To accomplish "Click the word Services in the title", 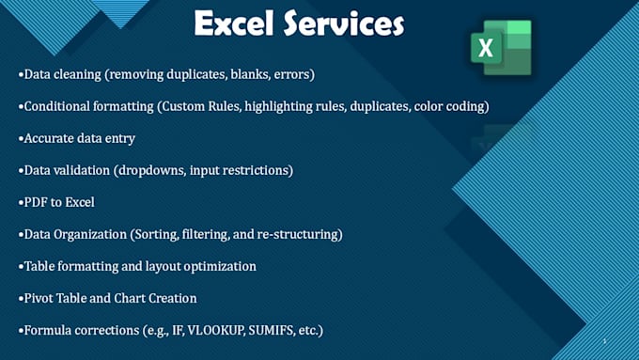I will pyautogui.click(x=344, y=24).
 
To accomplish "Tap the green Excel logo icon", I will pyautogui.click(x=500, y=47).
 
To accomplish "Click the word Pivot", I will pyautogui.click(x=39, y=299).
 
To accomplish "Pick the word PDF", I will pyautogui.click(x=36, y=202).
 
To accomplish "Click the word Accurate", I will pyautogui.click(x=50, y=138).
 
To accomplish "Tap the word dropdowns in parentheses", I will pyautogui.click(x=171, y=170).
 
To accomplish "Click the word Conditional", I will pyautogui.click(x=60, y=106).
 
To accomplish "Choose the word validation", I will pyautogui.click(x=89, y=170).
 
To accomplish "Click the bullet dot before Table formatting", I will pyautogui.click(x=20, y=267).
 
